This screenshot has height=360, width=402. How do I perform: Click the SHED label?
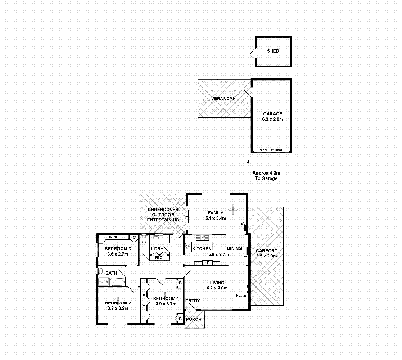point(273,51)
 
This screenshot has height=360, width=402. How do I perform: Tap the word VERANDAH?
point(224,99)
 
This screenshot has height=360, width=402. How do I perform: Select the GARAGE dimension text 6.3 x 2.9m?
point(272,120)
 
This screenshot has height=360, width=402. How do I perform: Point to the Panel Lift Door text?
point(271,150)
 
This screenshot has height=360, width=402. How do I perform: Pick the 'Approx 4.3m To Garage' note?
point(266,175)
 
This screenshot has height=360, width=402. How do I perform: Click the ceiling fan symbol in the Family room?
point(233,208)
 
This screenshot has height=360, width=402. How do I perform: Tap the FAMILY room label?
point(216,213)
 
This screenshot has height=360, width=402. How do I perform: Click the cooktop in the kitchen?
point(187,246)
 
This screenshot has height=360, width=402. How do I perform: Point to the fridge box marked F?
point(208,262)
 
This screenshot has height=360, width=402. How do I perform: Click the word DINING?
point(234,248)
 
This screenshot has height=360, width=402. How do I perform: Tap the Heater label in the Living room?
point(241,295)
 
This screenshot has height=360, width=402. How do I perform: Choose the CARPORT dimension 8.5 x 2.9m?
point(266,256)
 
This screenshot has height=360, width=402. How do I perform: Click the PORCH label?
point(194,319)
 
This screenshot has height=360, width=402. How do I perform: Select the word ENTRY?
point(193,301)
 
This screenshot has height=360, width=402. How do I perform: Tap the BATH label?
point(111,273)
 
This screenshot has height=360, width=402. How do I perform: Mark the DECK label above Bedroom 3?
point(112,237)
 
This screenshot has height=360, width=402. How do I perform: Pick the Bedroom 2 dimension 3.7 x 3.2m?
point(117,308)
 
